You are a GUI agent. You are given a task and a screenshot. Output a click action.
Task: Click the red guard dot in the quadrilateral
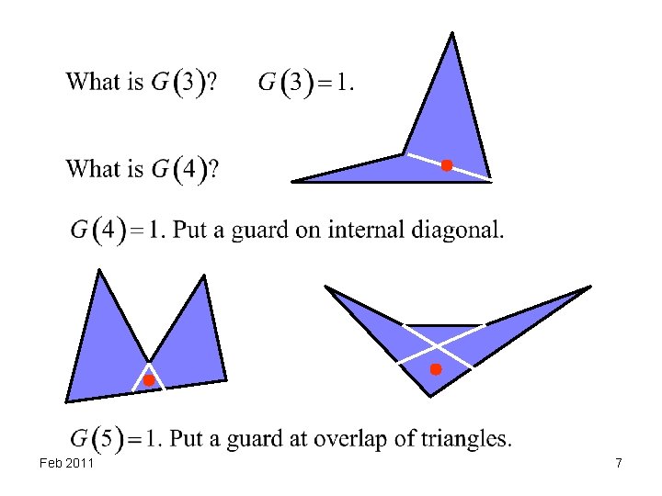446,165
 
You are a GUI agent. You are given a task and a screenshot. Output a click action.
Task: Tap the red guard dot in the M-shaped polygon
148,379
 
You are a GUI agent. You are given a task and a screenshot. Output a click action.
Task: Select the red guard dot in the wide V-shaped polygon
436,369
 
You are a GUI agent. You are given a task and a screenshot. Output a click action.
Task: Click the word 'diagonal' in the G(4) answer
456,229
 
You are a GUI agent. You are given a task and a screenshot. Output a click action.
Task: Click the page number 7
619,464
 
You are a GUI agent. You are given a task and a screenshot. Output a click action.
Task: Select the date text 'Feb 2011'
67,464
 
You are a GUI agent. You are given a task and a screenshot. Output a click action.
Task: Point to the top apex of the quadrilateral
451,34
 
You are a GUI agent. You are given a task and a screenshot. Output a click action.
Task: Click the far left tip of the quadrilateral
293,181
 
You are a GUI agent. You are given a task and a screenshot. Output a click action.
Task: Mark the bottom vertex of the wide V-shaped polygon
431,395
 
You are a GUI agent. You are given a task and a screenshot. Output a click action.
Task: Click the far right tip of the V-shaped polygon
589,287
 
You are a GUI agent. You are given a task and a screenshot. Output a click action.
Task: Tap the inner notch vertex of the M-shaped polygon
149,360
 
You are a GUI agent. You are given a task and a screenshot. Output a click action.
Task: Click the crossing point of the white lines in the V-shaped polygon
436,347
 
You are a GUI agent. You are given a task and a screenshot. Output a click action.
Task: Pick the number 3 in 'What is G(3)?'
188,83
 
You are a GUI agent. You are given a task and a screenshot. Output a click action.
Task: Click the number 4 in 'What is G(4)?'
188,170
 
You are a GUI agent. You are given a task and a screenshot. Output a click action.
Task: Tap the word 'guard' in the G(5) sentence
256,438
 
